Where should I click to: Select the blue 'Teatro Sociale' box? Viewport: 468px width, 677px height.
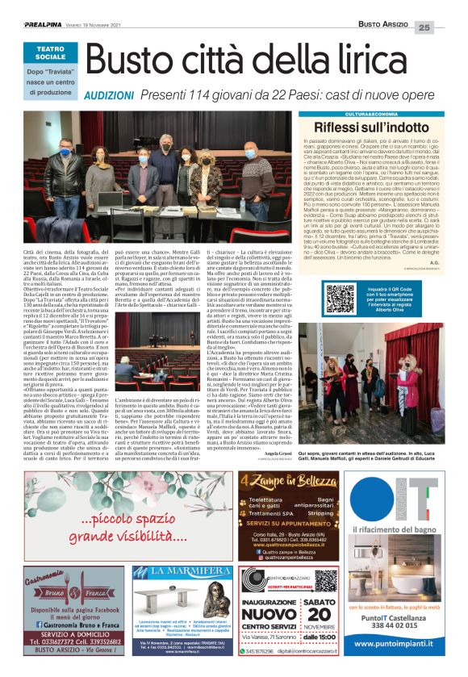click(51, 55)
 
